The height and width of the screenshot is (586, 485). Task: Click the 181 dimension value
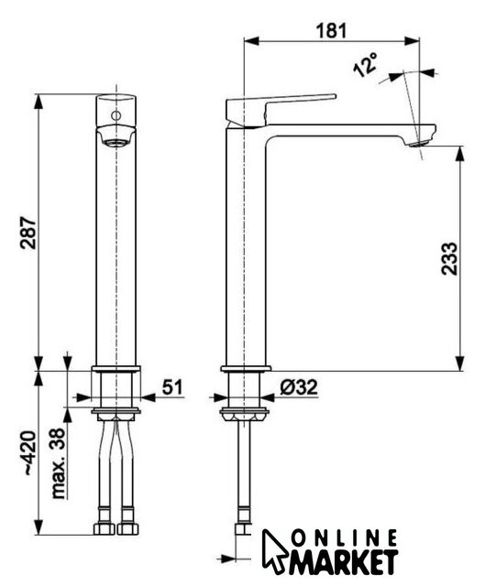(x=332, y=30)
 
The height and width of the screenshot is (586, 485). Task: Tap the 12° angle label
(x=366, y=64)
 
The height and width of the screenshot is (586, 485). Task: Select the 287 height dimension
(x=28, y=232)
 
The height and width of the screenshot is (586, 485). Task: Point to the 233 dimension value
(x=449, y=258)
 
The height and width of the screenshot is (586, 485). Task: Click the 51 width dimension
(x=172, y=386)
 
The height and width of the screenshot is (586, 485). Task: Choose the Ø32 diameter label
(x=299, y=386)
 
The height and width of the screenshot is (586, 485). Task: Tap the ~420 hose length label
(x=29, y=453)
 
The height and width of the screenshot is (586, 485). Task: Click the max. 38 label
(x=59, y=463)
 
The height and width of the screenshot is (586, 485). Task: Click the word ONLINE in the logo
(x=344, y=539)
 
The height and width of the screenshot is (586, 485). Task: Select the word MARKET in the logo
(x=343, y=561)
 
